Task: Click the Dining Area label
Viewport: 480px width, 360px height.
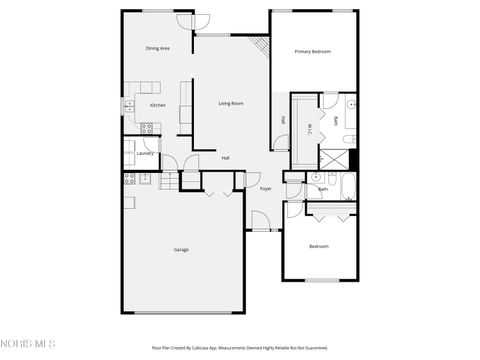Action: click(157, 48)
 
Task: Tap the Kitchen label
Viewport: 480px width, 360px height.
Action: click(157, 105)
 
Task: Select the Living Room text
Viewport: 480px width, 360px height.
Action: click(231, 103)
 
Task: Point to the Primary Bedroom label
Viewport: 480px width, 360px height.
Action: click(313, 51)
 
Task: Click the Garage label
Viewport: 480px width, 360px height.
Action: click(181, 249)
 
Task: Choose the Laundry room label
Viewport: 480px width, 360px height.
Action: click(145, 153)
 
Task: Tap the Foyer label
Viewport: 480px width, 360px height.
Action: click(265, 188)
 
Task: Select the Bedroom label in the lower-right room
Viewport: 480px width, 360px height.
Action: click(318, 246)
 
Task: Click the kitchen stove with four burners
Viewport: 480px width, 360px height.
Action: click(146, 127)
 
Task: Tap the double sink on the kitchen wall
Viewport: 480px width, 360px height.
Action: click(129, 106)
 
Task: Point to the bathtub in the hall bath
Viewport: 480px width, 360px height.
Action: click(347, 185)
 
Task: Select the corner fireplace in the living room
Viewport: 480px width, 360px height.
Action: click(262, 46)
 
